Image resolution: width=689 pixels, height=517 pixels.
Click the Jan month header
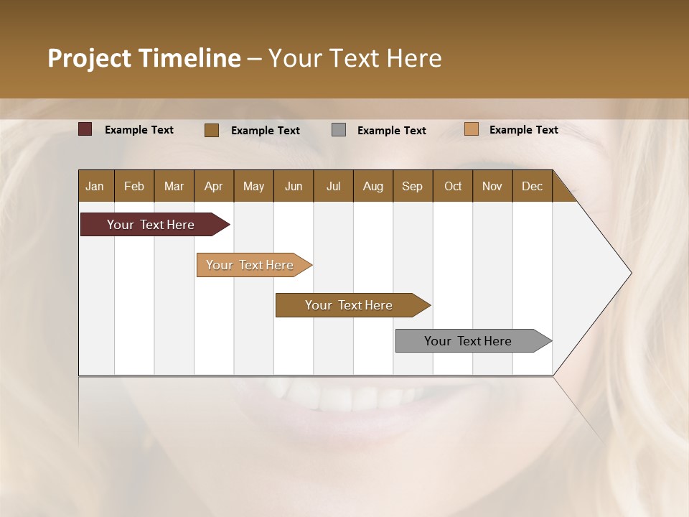[95, 187]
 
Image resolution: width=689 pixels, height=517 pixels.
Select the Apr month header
[213, 187]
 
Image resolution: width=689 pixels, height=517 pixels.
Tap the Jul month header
[333, 187]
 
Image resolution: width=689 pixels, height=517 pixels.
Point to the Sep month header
[412, 187]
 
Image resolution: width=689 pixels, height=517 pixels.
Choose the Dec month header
[532, 187]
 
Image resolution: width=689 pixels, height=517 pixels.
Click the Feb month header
[134, 187]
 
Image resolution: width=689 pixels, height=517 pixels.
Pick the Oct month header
[453, 187]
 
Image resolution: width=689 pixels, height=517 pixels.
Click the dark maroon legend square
[85, 129]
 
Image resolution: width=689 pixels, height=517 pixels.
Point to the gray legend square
[339, 130]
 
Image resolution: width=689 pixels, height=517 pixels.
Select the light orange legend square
[472, 129]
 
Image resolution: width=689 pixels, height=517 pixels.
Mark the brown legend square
[212, 130]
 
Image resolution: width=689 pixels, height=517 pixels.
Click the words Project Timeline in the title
[144, 58]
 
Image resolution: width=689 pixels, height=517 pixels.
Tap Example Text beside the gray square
[391, 131]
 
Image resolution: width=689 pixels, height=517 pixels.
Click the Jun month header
[294, 187]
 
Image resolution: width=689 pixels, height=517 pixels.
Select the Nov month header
[492, 187]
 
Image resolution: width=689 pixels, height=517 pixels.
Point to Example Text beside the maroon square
[139, 130]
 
